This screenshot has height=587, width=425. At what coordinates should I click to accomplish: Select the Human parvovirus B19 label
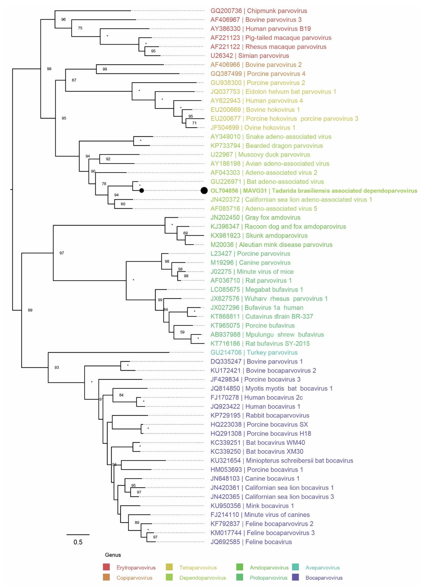260,29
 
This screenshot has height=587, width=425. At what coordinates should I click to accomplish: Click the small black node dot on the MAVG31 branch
141,191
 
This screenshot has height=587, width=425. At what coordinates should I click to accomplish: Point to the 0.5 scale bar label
78,542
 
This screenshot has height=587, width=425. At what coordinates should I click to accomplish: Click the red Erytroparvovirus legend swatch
106,567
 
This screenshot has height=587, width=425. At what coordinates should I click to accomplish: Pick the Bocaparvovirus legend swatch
295,577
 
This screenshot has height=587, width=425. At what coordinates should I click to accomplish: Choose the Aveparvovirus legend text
322,568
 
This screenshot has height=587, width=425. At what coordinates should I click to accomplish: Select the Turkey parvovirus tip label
254,352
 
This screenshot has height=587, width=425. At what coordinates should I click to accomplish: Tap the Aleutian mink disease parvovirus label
271,245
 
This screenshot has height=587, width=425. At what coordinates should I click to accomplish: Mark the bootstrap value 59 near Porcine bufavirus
182,332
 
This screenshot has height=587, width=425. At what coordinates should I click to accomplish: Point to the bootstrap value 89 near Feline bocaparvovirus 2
137,522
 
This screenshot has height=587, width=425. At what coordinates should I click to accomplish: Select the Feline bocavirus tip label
251,542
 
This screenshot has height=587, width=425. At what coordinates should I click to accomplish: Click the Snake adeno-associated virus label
271,137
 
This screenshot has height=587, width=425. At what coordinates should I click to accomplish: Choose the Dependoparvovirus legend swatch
169,577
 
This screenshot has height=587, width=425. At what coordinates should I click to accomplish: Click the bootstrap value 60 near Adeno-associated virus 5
123,204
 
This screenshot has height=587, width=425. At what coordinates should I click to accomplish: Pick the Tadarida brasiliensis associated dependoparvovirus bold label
314,191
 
